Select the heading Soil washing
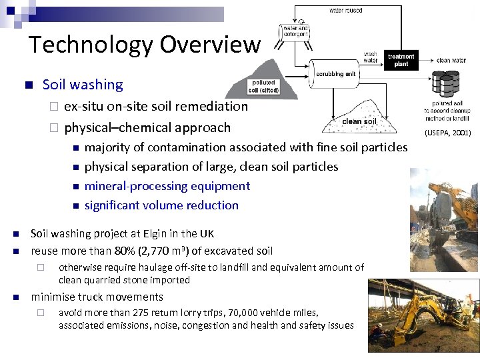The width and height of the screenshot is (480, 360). [x=83, y=85]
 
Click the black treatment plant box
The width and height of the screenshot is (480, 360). [x=401, y=61]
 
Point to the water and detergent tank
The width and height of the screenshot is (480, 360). [x=295, y=32]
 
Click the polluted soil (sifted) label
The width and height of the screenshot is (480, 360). [x=263, y=87]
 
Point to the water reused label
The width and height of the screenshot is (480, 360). [x=346, y=10]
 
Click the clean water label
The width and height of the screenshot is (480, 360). [x=451, y=61]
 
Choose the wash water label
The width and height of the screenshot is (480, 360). [x=371, y=57]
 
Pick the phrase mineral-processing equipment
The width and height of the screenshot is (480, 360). [x=167, y=186]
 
